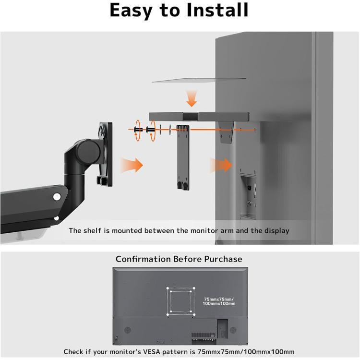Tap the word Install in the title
click(218, 11)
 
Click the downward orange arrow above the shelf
click(192, 99)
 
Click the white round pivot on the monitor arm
click(57, 196)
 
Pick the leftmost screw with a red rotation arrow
click(138, 130)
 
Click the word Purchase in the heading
click(223, 259)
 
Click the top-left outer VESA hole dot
click(168, 289)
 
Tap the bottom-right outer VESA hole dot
click(194, 314)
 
